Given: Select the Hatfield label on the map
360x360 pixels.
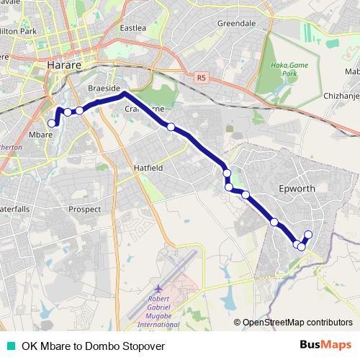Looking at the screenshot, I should coord(149,167).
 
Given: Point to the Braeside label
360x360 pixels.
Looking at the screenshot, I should coord(104,88).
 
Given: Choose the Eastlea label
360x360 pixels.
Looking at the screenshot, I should coord(133,28).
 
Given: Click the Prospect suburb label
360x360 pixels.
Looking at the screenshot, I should coord(84,209).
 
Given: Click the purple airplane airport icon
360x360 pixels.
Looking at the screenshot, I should coord(158,288).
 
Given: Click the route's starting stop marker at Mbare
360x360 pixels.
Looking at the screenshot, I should coord(52,124).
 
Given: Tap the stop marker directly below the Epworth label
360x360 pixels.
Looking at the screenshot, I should coord(274,222).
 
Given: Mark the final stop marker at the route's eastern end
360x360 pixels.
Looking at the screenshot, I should coord(308,234).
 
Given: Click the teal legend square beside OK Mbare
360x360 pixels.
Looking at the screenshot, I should coord(10,346).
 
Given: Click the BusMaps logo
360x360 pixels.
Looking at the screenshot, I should coord(326,345).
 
